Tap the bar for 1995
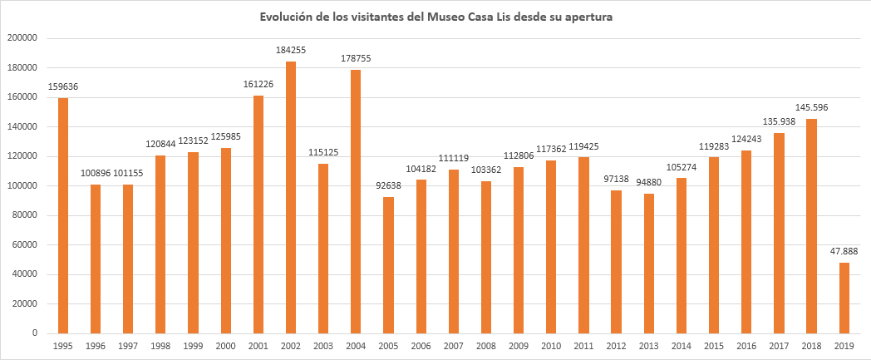point(63,215)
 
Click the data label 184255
point(291,50)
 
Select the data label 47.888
point(844,251)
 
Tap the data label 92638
point(389,185)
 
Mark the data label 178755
point(356,58)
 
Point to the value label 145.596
point(812,107)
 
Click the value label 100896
point(96,173)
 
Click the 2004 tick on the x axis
point(356,345)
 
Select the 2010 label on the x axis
point(551,345)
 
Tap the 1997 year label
point(128,345)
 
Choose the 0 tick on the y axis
point(34,333)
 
